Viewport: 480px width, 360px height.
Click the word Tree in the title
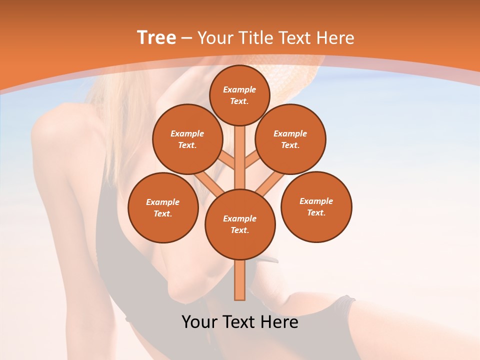click(x=156, y=38)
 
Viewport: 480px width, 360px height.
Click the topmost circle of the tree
click(x=239, y=95)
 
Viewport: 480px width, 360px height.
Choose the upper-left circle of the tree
click(x=187, y=139)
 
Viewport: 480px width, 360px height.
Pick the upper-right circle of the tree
click(x=290, y=139)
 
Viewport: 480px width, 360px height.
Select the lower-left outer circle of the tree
click(x=163, y=207)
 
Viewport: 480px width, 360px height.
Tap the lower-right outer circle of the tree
click(x=316, y=206)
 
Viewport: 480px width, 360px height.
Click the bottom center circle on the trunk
click(x=240, y=224)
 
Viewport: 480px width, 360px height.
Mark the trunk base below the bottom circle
click(x=240, y=280)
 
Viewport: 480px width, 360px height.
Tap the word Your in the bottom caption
click(x=200, y=322)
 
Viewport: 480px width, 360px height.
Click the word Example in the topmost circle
click(x=239, y=89)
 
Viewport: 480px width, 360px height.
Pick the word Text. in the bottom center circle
click(x=239, y=230)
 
